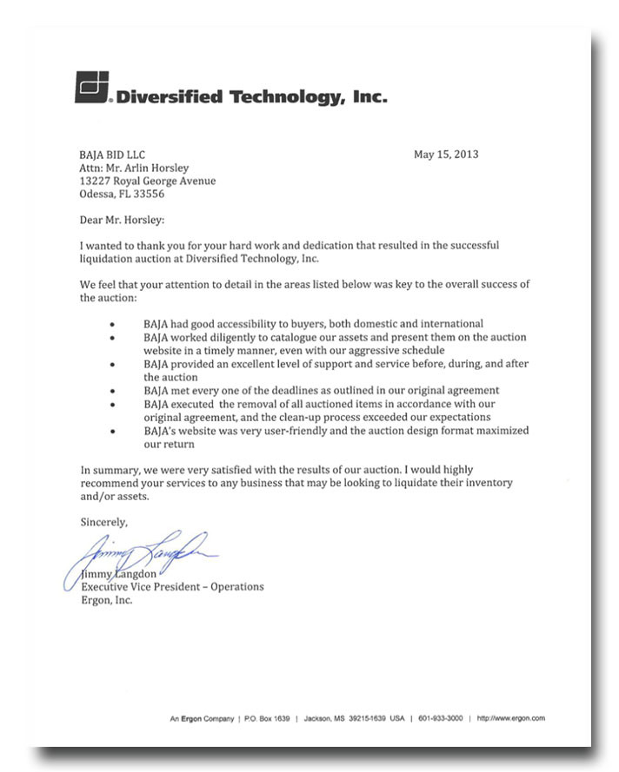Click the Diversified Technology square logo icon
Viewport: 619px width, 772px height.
(x=91, y=87)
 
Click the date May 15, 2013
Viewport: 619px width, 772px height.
(x=446, y=155)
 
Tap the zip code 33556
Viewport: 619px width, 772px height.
(x=148, y=195)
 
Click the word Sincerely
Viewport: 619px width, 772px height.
(x=103, y=522)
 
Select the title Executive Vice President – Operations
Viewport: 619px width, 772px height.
(x=172, y=586)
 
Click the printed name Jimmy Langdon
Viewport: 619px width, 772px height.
(x=121, y=573)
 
